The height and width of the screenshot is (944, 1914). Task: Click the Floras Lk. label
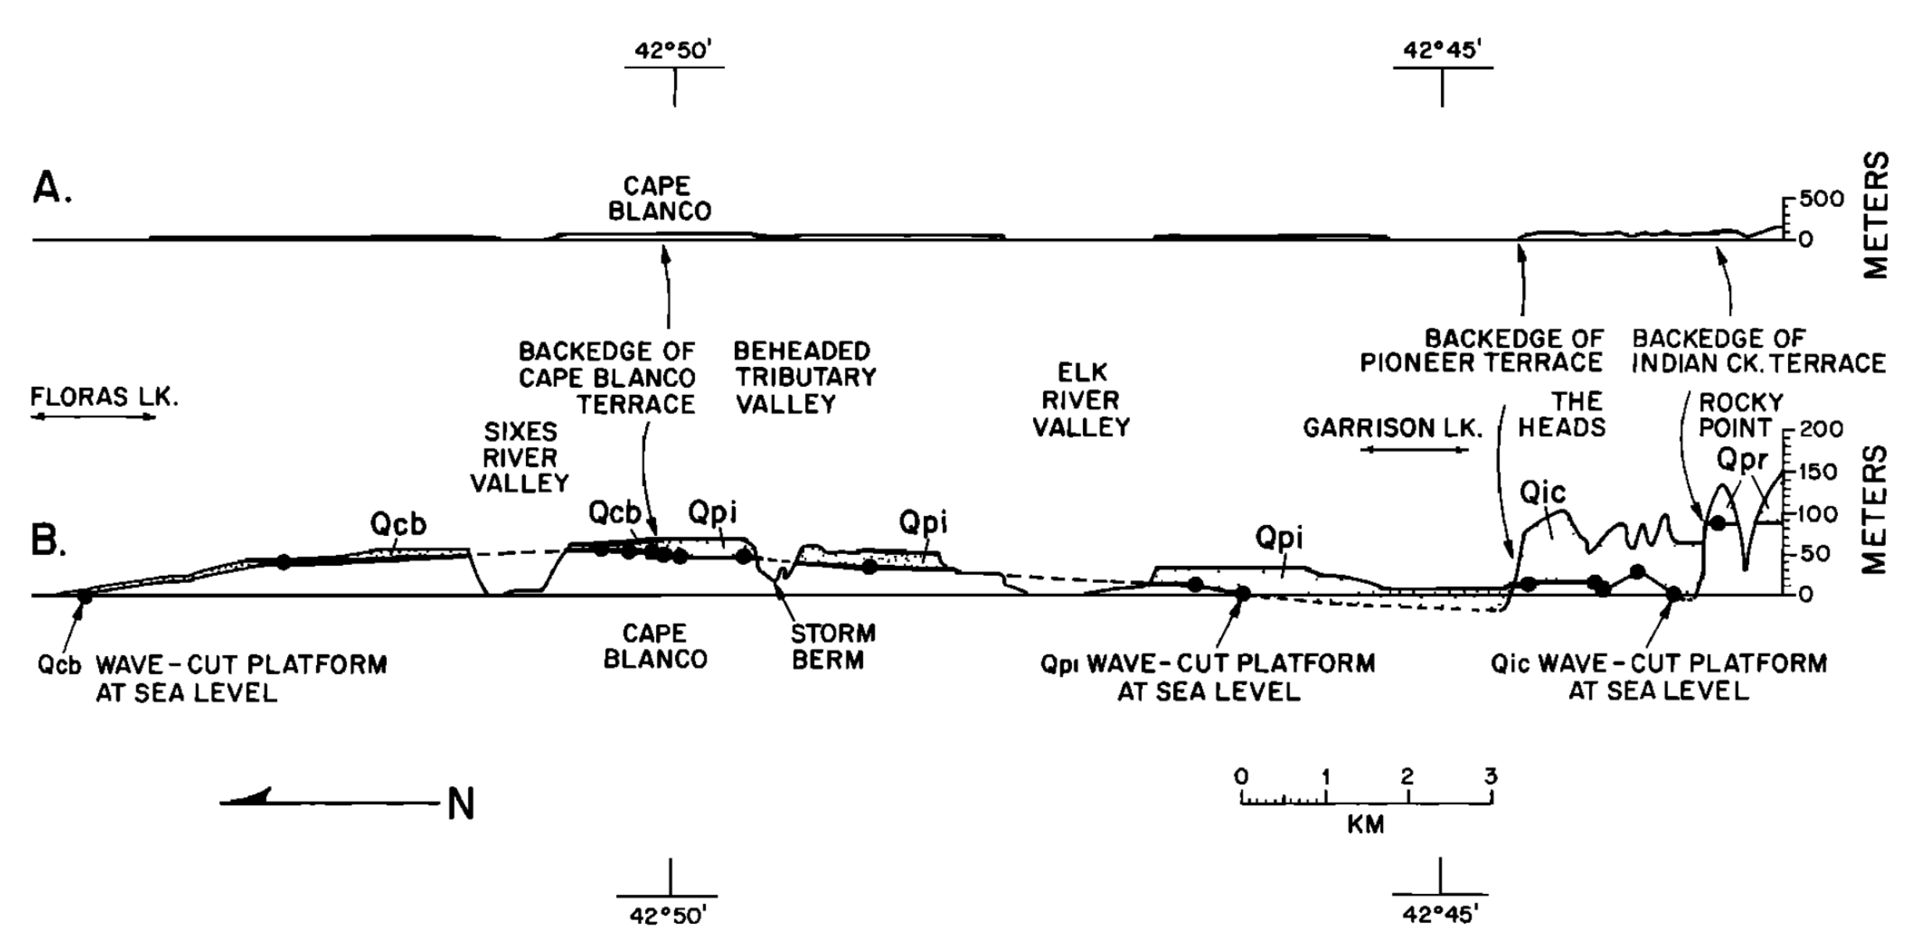coord(104,397)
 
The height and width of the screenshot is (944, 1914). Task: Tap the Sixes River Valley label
coord(520,458)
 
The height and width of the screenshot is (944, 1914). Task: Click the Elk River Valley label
coord(1081,400)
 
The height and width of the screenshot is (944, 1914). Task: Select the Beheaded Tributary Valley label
coord(804,378)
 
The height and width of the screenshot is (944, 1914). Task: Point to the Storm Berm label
coord(832,647)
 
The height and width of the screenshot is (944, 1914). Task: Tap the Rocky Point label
coord(1741,415)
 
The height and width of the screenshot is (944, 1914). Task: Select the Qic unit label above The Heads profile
coord(1542,493)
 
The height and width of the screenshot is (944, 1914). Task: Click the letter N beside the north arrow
coord(461,804)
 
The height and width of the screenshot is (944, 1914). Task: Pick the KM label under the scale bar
coord(1366,825)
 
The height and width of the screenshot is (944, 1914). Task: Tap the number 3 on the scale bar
coord(1491,777)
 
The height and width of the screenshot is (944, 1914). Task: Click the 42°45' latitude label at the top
coord(1442,51)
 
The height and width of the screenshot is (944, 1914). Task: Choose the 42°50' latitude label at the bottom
coord(666,916)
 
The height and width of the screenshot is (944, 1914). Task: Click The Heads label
coord(1561,414)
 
